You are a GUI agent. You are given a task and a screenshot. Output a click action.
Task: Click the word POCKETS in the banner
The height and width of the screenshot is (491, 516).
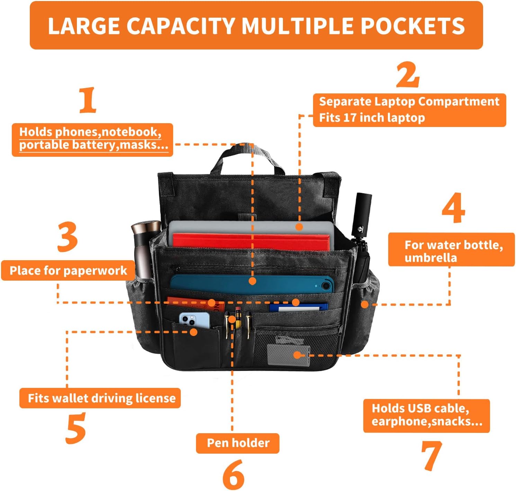(x=412, y=26)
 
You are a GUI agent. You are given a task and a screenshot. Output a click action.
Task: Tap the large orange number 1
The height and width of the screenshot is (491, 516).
(x=88, y=100)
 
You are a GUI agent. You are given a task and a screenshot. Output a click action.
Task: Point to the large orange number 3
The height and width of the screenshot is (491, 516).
(x=68, y=237)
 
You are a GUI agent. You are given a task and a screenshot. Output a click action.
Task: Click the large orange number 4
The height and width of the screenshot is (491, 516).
(x=454, y=208)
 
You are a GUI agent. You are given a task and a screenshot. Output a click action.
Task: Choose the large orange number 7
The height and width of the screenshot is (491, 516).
(x=432, y=456)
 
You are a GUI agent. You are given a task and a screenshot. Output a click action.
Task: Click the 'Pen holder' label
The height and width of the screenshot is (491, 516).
(x=238, y=443)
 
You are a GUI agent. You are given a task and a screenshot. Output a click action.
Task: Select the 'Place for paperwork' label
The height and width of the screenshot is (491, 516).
(x=68, y=271)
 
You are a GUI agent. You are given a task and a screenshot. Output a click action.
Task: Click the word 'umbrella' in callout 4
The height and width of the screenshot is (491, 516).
(x=430, y=258)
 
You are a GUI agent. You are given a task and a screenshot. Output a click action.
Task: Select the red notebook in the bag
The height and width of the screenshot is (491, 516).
(x=251, y=242)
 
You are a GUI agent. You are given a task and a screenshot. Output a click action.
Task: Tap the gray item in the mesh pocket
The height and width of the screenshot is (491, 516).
(x=288, y=354)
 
